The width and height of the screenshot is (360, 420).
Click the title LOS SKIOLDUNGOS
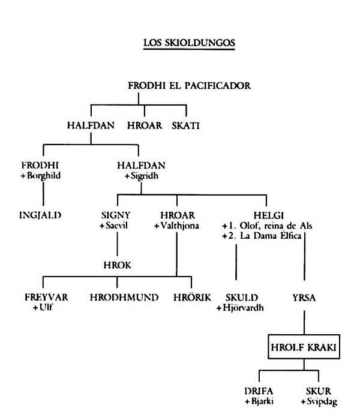click(x=189, y=43)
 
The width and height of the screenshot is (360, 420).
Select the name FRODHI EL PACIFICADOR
click(x=190, y=86)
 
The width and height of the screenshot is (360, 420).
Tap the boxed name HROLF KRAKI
click(x=304, y=347)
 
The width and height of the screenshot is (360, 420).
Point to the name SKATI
click(x=185, y=125)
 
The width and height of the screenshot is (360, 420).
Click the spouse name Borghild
click(x=44, y=176)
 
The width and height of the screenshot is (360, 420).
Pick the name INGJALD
click(x=40, y=215)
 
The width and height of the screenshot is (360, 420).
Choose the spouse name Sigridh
click(x=145, y=176)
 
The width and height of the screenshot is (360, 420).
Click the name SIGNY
click(x=116, y=215)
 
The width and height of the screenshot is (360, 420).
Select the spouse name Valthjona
click(x=180, y=226)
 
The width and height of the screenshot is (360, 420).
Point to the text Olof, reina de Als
click(x=276, y=226)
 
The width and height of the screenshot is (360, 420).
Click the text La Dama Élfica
click(x=271, y=236)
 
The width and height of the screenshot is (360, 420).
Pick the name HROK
click(x=118, y=265)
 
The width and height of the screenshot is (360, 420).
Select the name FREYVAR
click(x=46, y=298)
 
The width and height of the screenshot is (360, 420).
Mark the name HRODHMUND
click(x=124, y=298)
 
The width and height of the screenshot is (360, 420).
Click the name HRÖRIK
click(x=193, y=297)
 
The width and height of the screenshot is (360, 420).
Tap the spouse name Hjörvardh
click(x=243, y=307)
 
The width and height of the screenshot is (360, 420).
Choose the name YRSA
click(x=304, y=298)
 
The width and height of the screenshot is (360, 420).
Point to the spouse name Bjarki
click(x=262, y=401)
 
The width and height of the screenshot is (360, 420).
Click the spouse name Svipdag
click(x=322, y=401)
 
